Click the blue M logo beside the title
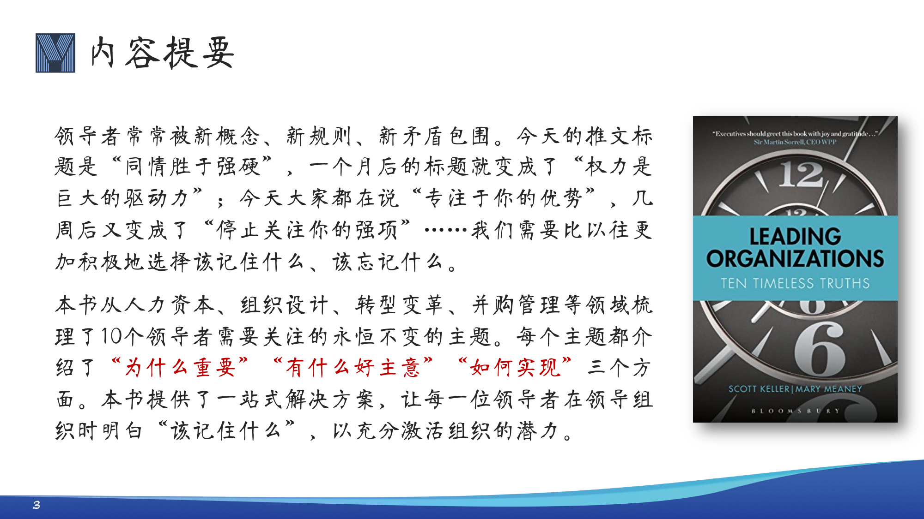(55, 53)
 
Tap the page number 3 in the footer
(36, 505)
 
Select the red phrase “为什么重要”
(180, 367)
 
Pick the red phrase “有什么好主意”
(353, 367)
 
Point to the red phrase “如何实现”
(515, 367)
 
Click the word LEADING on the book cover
(795, 236)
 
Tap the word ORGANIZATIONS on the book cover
(795, 258)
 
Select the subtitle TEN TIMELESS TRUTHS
(795, 283)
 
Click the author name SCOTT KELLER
(759, 389)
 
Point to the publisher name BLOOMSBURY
(795, 411)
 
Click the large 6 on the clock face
(820, 348)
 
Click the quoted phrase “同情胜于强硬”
(192, 166)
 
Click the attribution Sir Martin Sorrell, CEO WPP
(795, 142)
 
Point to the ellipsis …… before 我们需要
(446, 229)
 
